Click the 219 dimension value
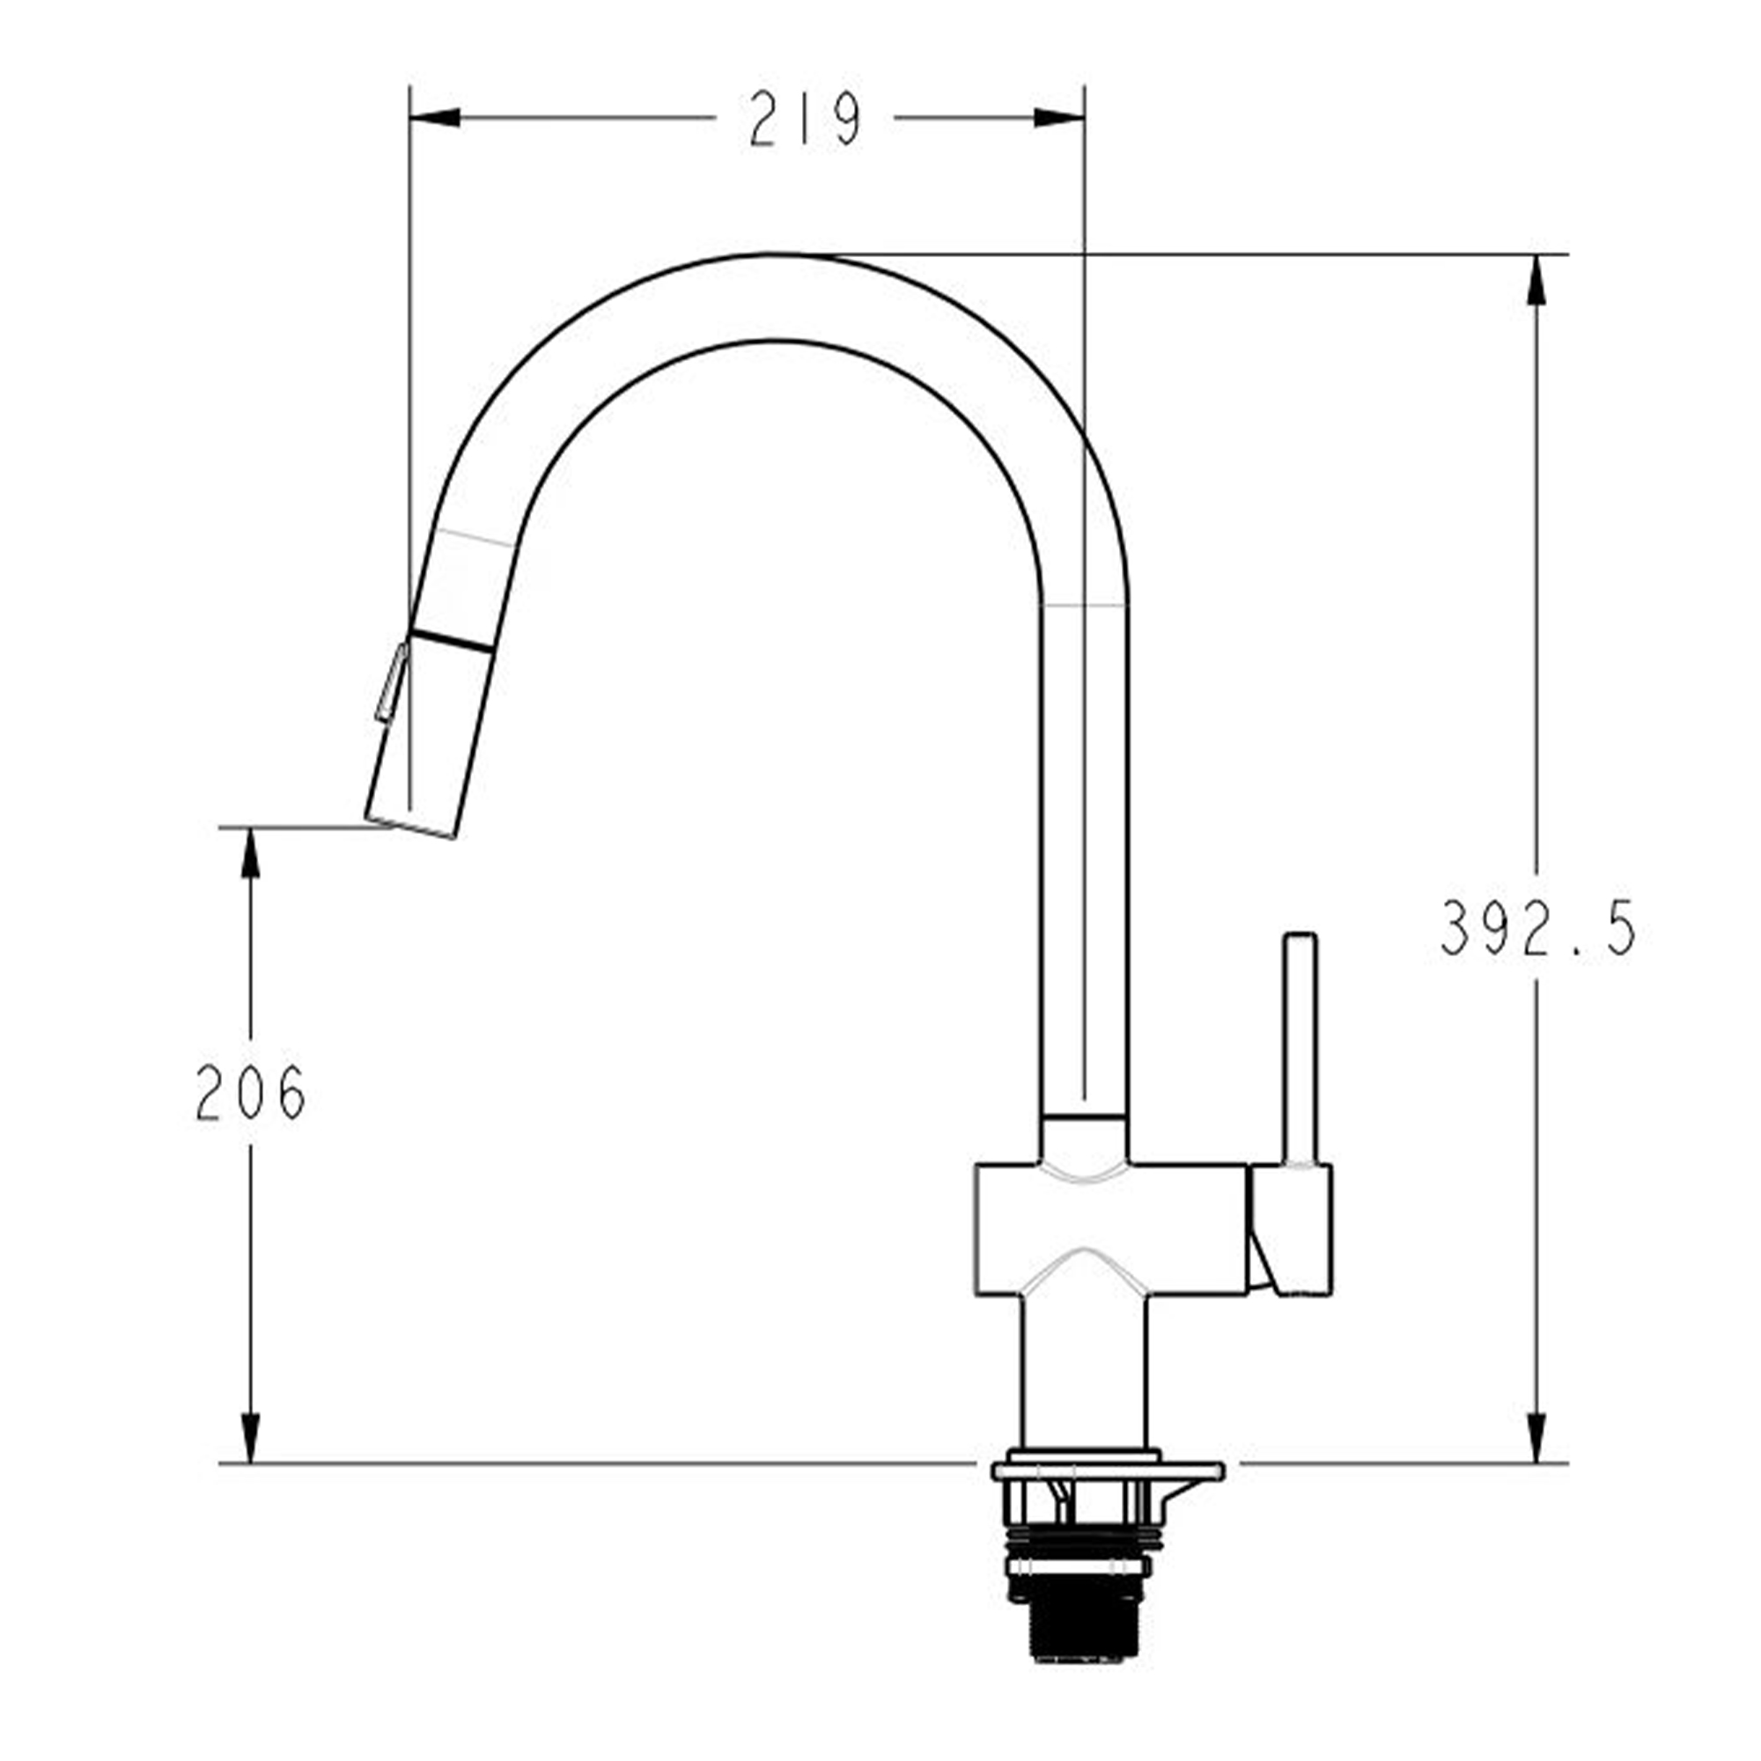click(806, 119)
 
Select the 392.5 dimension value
click(1538, 928)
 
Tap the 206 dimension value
click(251, 1093)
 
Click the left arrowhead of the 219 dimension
click(435, 118)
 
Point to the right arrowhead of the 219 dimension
click(1059, 118)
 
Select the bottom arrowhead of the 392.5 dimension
click(1536, 1439)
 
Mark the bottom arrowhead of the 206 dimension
click(251, 1439)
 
